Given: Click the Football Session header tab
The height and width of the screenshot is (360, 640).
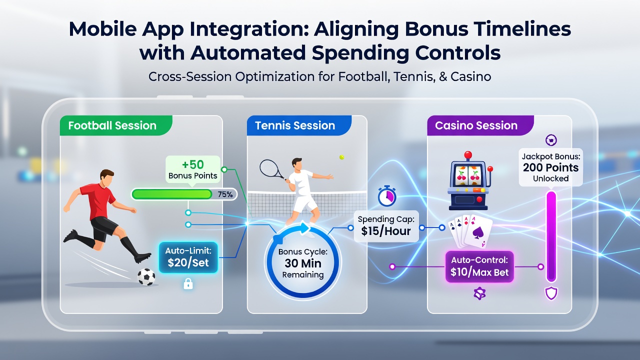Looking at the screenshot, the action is click(115, 125).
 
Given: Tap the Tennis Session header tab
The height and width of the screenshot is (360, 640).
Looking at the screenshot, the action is click(299, 125).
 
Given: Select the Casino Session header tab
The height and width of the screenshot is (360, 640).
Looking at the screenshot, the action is click(480, 125).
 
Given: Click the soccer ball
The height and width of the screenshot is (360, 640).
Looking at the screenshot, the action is click(146, 277).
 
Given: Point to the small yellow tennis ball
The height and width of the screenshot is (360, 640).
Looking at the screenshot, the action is click(341, 157).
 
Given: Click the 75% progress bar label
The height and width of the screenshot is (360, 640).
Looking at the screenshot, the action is click(225, 194).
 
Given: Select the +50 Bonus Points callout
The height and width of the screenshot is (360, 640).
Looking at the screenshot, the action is click(193, 169).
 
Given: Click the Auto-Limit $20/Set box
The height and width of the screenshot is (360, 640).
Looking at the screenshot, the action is click(188, 257).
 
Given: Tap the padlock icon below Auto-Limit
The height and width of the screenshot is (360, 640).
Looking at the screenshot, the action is click(188, 283).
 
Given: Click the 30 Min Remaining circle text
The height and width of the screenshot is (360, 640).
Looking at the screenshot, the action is click(303, 263).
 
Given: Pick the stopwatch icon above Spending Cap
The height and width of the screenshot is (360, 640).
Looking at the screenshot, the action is click(387, 195).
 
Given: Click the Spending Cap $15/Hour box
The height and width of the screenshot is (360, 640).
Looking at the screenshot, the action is click(386, 226).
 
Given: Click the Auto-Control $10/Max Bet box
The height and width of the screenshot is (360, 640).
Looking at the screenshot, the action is click(479, 266).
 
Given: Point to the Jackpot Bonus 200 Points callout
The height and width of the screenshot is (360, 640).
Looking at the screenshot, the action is click(550, 167).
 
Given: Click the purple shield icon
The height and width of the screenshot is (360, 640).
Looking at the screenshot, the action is click(551, 293).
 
